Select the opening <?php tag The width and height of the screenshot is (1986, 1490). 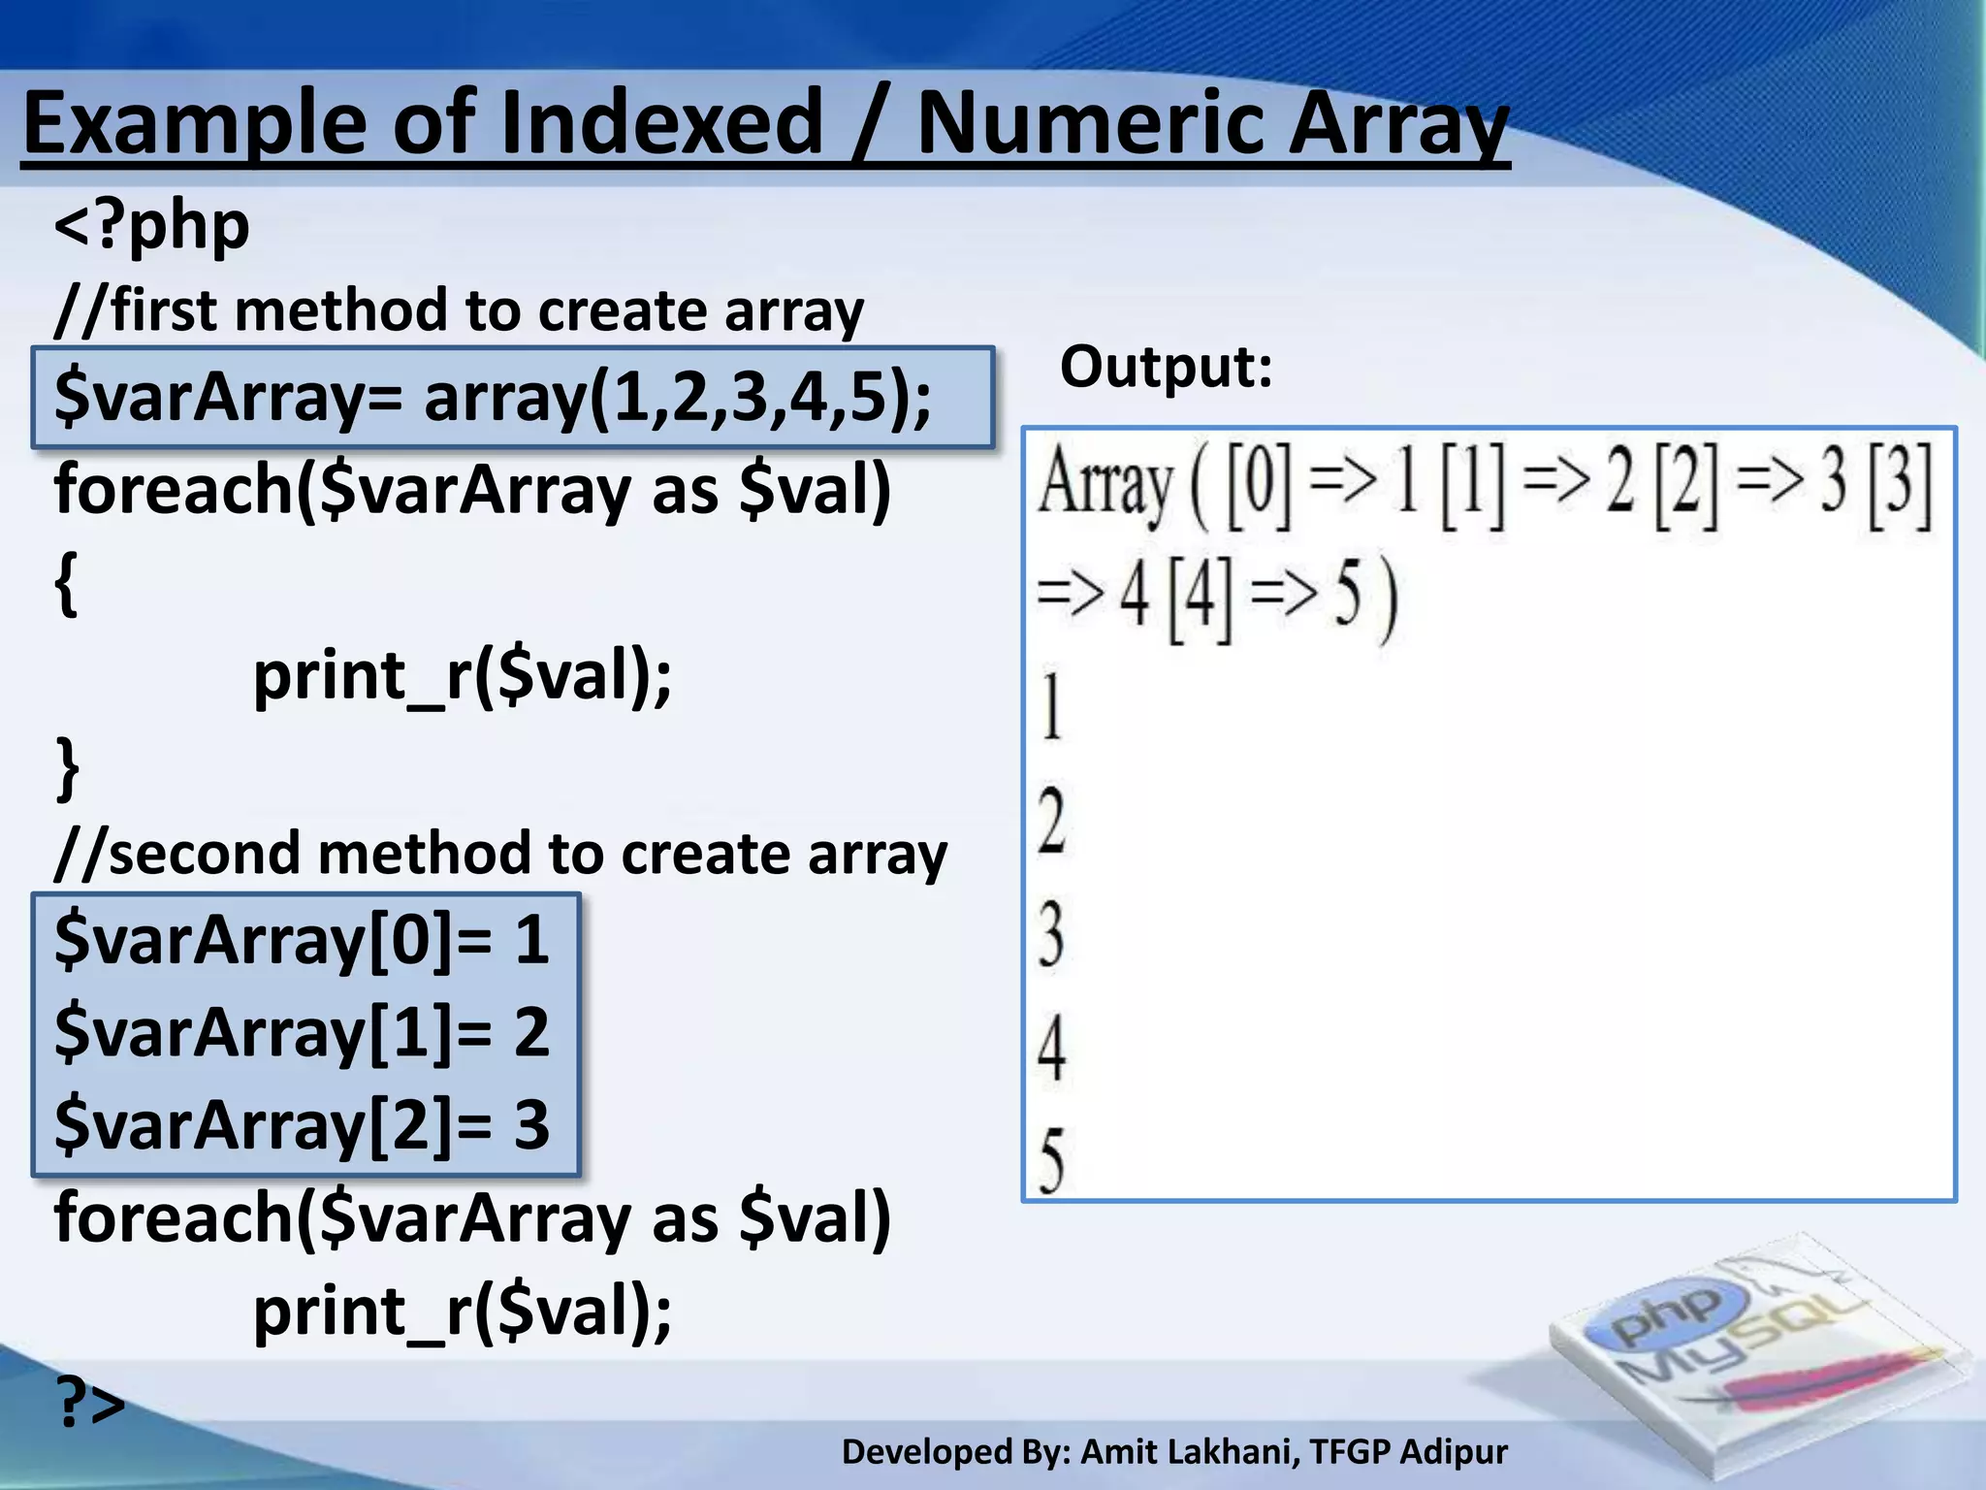click(x=152, y=226)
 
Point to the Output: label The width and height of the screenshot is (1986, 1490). click(x=1166, y=368)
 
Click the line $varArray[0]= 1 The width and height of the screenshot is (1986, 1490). click(x=302, y=940)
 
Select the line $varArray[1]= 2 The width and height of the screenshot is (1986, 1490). click(x=302, y=1032)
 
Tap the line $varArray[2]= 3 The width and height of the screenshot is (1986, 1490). click(x=302, y=1125)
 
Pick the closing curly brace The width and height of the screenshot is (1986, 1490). click(x=66, y=767)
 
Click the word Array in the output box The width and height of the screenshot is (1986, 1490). click(x=1105, y=484)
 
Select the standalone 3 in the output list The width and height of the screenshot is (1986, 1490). click(x=1051, y=934)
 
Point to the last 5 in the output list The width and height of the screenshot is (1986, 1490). click(x=1051, y=1160)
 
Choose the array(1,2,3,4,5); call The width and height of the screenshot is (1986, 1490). click(x=677, y=398)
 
